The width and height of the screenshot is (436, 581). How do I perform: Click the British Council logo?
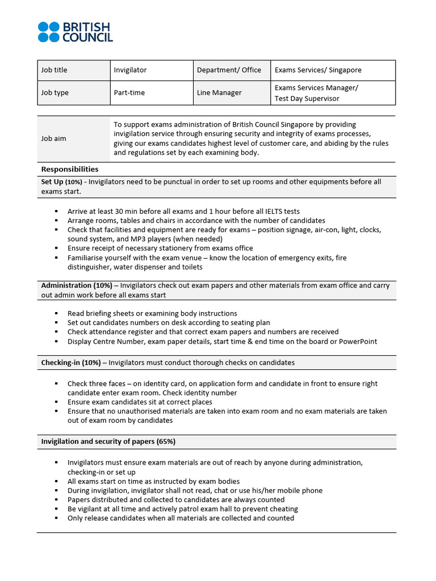pyautogui.click(x=75, y=32)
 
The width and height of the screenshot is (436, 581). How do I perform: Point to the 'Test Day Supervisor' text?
pyautogui.click(x=307, y=99)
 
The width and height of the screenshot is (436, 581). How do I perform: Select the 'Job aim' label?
pyautogui.click(x=53, y=138)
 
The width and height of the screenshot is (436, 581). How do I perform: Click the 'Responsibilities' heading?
pyautogui.click(x=70, y=170)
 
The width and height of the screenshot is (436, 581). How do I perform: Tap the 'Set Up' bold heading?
pyautogui.click(x=52, y=182)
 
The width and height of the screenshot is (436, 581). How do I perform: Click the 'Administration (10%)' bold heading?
pyautogui.click(x=77, y=286)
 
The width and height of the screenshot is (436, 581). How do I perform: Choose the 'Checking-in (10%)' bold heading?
pyautogui.click(x=71, y=363)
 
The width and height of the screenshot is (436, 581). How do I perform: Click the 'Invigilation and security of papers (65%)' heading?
pyautogui.click(x=111, y=442)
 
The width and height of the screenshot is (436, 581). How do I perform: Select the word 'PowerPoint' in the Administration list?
pyautogui.click(x=358, y=342)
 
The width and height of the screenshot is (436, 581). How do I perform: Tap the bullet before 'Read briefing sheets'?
pyautogui.click(x=57, y=314)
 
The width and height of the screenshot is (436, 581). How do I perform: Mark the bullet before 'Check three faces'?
pyautogui.click(x=57, y=384)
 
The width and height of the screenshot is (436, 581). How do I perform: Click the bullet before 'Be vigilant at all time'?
pyautogui.click(x=57, y=510)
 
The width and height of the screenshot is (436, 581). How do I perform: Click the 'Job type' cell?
pyautogui.click(x=54, y=93)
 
